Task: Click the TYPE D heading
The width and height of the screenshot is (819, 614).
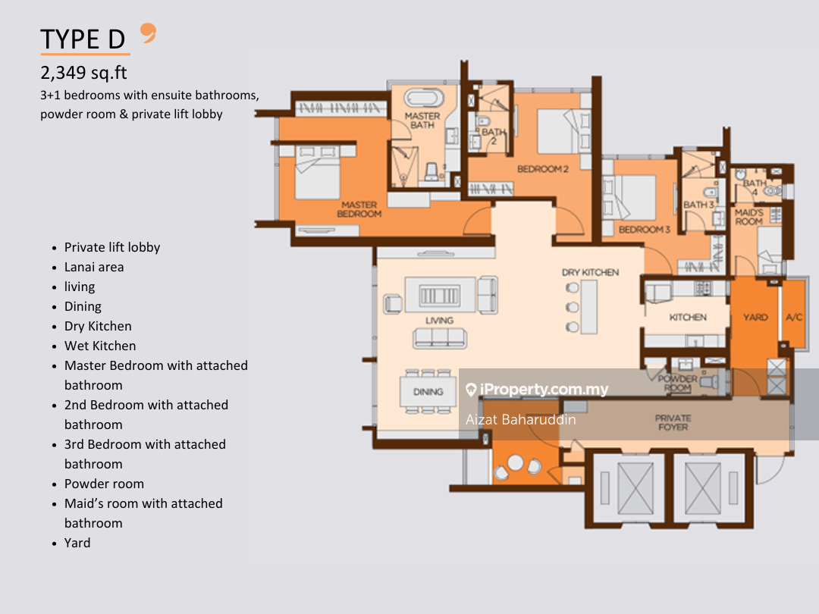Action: click(83, 39)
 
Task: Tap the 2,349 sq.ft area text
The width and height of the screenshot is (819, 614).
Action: click(83, 73)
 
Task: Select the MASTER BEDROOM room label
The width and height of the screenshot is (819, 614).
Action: click(359, 209)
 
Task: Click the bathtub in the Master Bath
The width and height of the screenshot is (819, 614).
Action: click(424, 98)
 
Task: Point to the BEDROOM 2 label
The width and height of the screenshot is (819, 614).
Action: click(543, 169)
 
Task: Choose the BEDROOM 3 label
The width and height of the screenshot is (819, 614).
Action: click(644, 230)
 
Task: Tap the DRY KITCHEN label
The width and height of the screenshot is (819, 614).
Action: click(590, 273)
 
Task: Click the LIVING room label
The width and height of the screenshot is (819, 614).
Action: click(439, 321)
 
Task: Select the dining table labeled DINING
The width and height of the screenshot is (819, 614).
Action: click(428, 392)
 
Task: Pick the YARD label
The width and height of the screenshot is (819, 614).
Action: click(755, 318)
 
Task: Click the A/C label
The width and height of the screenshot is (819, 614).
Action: click(794, 318)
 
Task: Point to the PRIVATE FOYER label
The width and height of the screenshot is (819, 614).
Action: click(673, 423)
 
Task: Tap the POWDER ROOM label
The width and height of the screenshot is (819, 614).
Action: click(677, 384)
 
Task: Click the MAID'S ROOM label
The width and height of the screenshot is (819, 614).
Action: click(749, 218)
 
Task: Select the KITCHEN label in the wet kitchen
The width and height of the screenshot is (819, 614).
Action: click(688, 318)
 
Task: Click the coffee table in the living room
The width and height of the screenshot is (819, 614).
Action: click(440, 296)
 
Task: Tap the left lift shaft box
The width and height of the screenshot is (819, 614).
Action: click(625, 489)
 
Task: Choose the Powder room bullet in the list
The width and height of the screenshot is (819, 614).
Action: click(104, 484)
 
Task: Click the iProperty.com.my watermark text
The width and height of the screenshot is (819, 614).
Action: click(544, 389)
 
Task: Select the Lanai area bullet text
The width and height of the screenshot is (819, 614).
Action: click(94, 268)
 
